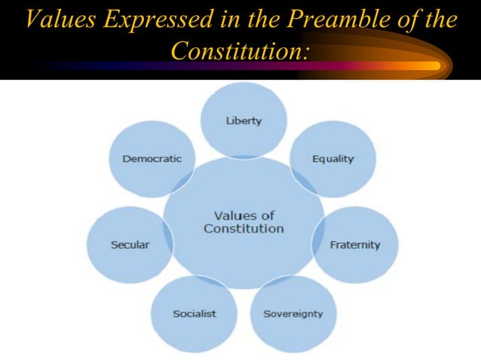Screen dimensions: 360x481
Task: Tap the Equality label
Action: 333,159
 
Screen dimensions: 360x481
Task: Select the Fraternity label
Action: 355,245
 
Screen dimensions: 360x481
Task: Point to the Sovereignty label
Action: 293,313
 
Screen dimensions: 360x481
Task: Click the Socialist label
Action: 195,313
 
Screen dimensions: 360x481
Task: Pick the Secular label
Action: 130,245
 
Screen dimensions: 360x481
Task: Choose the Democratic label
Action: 152,159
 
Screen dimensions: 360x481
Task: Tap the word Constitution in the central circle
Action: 244,228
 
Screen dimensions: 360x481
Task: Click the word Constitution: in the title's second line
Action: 241,50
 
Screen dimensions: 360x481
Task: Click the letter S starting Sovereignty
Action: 266,313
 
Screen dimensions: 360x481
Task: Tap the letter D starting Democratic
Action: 126,159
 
